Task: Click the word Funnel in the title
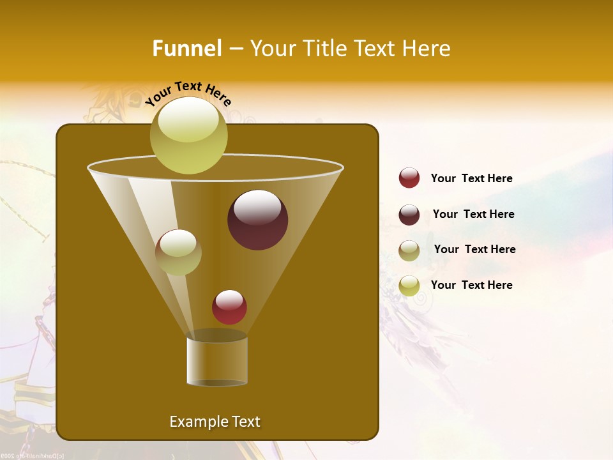click(186, 49)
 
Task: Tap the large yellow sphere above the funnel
click(188, 135)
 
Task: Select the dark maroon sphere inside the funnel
click(257, 219)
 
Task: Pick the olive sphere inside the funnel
click(178, 252)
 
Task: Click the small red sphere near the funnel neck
click(229, 307)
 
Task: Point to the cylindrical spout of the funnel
click(216, 360)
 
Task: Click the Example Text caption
click(215, 422)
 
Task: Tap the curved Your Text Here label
click(188, 93)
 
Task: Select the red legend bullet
click(409, 178)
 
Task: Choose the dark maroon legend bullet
click(409, 215)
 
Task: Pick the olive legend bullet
click(409, 250)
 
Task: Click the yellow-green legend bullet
click(409, 285)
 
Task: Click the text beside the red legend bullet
click(471, 178)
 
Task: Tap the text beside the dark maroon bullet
click(473, 214)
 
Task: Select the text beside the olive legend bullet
click(474, 249)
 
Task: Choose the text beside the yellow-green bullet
click(471, 285)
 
